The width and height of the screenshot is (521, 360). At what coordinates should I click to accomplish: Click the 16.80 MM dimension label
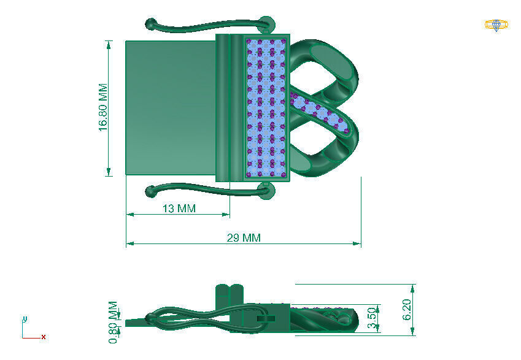tap(102, 108)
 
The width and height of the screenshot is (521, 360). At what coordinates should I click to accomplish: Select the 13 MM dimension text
tap(179, 209)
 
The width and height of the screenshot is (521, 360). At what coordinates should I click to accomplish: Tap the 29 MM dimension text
tap(244, 238)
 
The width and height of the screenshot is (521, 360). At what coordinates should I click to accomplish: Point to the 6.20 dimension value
tap(407, 310)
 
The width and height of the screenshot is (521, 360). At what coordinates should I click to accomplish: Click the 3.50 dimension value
tap(371, 318)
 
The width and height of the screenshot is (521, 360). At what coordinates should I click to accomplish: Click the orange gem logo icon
tap(496, 25)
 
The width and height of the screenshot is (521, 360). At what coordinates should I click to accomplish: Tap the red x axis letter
tap(44, 337)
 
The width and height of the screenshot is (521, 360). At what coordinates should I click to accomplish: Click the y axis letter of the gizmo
tap(24, 318)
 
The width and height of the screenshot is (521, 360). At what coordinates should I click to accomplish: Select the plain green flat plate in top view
tap(171, 107)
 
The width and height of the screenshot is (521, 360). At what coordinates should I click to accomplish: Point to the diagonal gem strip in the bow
tap(320, 112)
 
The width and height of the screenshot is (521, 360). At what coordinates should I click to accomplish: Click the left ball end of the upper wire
tap(150, 25)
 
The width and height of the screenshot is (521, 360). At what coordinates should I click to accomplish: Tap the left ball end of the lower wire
tap(150, 192)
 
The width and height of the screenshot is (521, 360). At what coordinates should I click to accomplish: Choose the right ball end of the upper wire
tap(265, 23)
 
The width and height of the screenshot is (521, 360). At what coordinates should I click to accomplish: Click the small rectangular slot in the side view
tap(264, 319)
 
